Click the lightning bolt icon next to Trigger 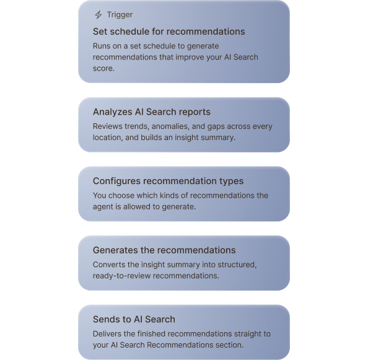99,14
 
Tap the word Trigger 120,15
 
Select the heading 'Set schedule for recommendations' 169,32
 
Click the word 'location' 107,138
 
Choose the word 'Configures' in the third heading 116,181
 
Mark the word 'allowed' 137,207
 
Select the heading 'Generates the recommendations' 164,250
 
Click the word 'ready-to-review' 121,276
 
